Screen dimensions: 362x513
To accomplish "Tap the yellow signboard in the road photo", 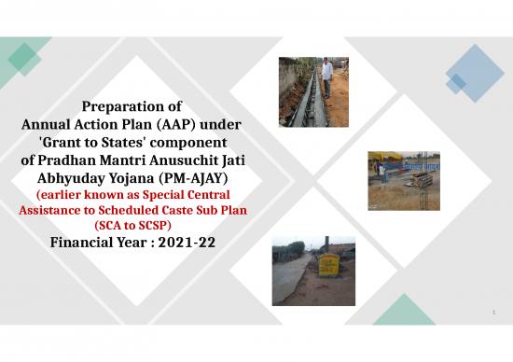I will click(x=331, y=266).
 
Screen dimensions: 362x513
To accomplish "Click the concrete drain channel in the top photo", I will click(x=304, y=98).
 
